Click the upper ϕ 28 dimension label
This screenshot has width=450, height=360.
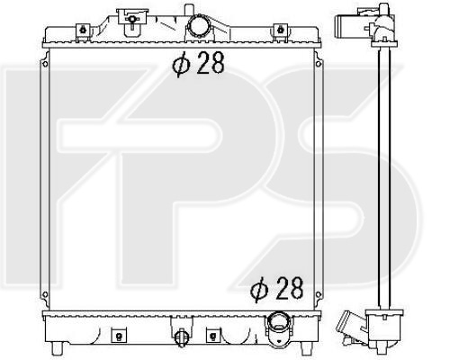198,63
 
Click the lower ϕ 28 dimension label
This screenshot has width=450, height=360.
277,288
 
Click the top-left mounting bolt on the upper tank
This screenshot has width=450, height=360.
83,30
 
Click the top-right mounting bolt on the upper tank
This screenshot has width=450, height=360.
281,30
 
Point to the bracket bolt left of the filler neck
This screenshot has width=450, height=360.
131,19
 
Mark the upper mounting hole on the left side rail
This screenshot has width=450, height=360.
45,64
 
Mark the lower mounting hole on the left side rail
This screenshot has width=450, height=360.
45,294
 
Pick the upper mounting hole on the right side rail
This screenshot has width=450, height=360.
319,64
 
